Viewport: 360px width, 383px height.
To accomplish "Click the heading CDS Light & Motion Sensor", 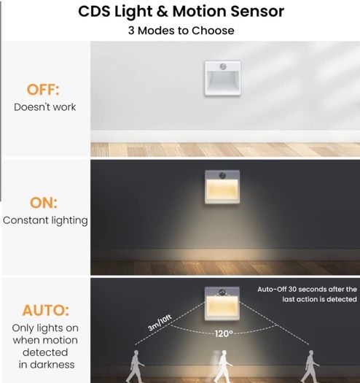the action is coord(181,12).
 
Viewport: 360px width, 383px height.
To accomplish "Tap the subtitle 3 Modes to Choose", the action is coord(181,31).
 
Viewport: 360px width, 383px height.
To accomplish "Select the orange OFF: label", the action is coord(43,90).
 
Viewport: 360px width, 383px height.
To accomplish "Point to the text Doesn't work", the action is coord(44,107).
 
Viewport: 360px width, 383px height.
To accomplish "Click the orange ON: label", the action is coord(44,203).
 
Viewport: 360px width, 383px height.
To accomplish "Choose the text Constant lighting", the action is coord(45,220).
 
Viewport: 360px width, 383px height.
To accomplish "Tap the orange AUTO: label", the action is coord(46,310).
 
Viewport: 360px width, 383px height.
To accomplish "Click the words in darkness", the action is coord(47,365).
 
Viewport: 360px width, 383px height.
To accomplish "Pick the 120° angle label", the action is coord(224,333).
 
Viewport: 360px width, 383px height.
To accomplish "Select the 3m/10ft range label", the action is coord(160,322).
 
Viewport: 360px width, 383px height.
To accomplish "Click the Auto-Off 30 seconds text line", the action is coord(307,289).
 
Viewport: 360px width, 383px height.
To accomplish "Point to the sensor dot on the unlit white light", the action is coord(222,66).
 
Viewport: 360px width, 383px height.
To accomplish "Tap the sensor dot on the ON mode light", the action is coord(222,175).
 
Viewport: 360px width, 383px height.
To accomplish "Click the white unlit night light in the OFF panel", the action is coord(222,78).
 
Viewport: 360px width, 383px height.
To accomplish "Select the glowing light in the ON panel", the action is coord(222,187).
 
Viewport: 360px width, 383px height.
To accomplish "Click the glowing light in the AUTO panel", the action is coord(222,303).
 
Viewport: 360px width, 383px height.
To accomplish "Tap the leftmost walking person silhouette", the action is coord(136,366).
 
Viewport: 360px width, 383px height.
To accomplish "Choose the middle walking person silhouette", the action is coord(223,366).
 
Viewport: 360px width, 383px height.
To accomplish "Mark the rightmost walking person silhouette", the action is coord(310,366).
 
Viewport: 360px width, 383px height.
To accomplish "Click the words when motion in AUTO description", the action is coord(45,340).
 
